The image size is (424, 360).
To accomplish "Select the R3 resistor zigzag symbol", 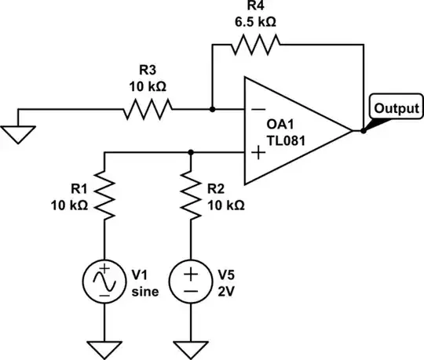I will coord(148,111).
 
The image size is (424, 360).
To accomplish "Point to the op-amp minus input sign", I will coord(256,111).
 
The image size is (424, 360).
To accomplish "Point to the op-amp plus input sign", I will coord(256,151).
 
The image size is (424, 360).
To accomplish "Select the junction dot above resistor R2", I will coord(191,151).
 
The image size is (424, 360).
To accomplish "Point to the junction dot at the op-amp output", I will coord(363,131).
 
